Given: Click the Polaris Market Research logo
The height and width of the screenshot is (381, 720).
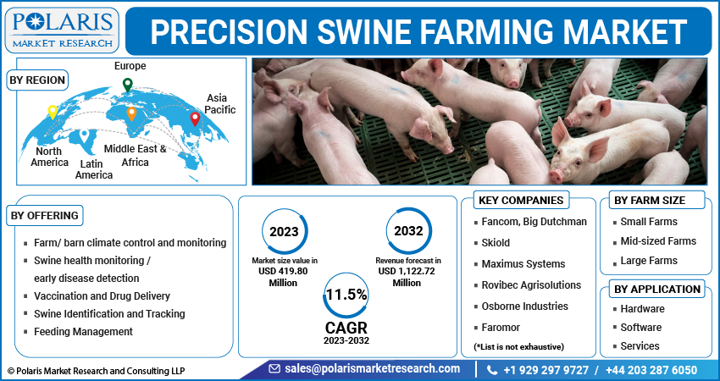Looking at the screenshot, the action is pyautogui.click(x=62, y=30).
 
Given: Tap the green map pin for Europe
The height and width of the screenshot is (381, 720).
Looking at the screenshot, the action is pyautogui.click(x=128, y=85).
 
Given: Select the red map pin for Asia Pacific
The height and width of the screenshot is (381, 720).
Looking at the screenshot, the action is pyautogui.click(x=195, y=119).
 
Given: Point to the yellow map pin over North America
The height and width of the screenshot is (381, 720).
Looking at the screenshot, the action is pyautogui.click(x=53, y=112).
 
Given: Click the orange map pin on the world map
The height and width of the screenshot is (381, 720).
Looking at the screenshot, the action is pyautogui.click(x=131, y=113).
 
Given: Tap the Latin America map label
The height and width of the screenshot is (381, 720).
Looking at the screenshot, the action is pyautogui.click(x=94, y=169).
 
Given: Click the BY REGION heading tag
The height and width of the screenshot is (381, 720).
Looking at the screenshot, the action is pyautogui.click(x=37, y=80).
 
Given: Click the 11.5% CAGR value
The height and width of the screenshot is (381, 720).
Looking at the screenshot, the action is pyautogui.click(x=346, y=295).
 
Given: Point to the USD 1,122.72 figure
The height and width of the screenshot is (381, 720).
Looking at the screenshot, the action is pyautogui.click(x=407, y=271).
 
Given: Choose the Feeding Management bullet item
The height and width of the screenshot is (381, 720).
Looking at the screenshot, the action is pyautogui.click(x=83, y=331).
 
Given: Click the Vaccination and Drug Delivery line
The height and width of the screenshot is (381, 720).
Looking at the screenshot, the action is pyautogui.click(x=102, y=296).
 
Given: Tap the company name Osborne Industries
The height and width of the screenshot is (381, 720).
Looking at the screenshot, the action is pyautogui.click(x=525, y=306).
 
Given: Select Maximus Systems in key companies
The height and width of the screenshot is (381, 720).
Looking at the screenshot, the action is pyautogui.click(x=523, y=264).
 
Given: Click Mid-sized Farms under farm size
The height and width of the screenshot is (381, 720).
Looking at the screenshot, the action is pyautogui.click(x=658, y=241).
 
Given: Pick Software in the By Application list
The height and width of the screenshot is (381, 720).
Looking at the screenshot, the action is pyautogui.click(x=641, y=328).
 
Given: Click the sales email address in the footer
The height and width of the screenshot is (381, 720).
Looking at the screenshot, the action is pyautogui.click(x=373, y=368).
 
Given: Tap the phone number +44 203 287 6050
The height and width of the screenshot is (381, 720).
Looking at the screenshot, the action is pyautogui.click(x=651, y=370).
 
